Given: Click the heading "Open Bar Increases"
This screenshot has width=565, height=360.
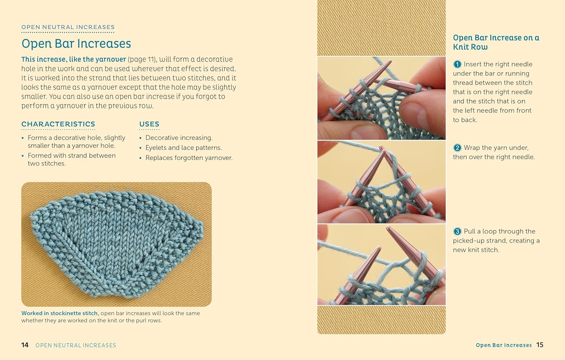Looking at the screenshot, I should point(76,44).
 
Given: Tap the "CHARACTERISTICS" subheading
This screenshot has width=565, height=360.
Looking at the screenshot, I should point(58,124).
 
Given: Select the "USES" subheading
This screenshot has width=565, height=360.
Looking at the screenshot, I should point(149,124).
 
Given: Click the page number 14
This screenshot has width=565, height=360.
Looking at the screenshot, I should point(25,345).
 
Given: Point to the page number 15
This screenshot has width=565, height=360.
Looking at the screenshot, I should point(540,345).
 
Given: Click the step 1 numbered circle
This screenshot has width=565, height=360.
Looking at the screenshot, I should point(457,64).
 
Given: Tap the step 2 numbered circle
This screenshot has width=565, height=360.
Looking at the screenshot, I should point(457,148).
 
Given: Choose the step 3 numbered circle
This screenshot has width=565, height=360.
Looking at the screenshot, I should point(457,231).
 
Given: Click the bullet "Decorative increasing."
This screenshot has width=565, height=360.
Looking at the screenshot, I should point(179,138).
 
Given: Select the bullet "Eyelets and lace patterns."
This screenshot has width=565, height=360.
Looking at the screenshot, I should point(183,148).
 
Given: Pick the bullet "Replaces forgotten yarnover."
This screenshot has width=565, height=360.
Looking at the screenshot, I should point(189,158).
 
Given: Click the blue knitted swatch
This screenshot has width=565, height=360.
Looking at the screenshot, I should point(117,241).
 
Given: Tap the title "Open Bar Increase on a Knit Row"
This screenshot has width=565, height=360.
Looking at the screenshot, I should point(496,42).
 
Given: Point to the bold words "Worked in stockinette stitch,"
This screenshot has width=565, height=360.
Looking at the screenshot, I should point(60,313).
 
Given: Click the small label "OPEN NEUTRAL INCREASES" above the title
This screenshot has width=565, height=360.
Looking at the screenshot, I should point(68,27).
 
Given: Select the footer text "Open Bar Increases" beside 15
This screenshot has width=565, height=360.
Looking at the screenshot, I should point(504,345).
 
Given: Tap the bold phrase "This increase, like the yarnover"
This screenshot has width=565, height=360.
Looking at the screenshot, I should point(73,60).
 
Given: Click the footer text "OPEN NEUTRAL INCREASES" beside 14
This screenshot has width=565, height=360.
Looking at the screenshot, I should point(76,345).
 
